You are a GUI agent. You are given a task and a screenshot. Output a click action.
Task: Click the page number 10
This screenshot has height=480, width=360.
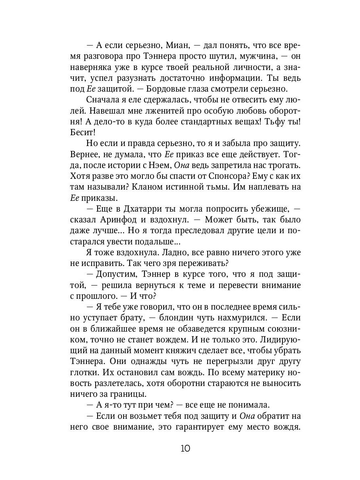pos(180,448)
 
